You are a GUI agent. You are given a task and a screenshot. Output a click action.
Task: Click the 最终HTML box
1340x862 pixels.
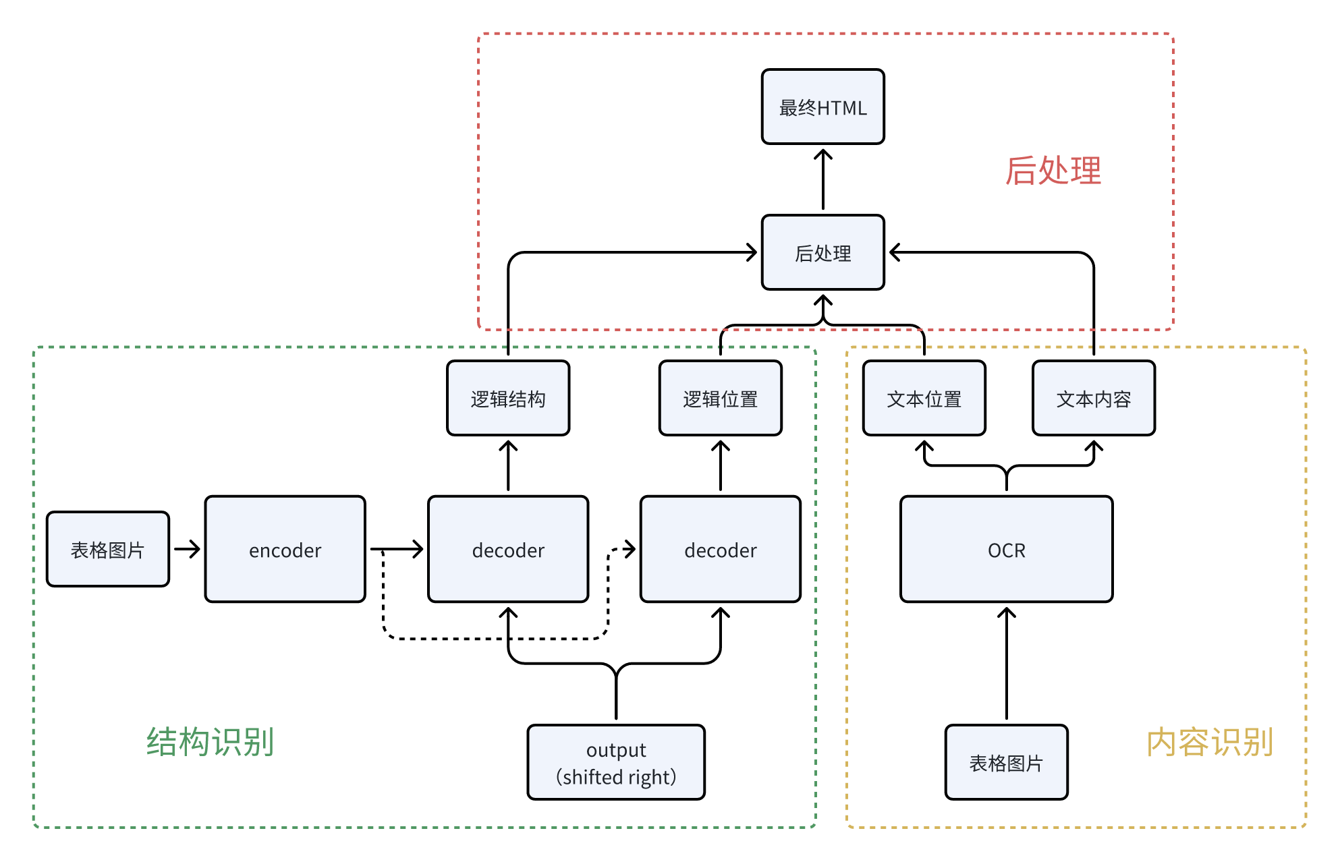click(x=822, y=107)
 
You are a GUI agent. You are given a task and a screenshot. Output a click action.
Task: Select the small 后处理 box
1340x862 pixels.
click(x=822, y=253)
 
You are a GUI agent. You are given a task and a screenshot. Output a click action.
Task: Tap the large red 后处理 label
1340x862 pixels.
click(x=1053, y=171)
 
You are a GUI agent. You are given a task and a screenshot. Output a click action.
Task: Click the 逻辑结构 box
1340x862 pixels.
click(x=508, y=399)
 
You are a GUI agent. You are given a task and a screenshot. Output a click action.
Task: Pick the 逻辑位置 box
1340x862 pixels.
click(x=720, y=399)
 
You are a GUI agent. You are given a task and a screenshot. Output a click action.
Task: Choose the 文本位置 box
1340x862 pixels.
click(x=924, y=399)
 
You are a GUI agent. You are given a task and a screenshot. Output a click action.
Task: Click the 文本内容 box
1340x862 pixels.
click(x=1093, y=399)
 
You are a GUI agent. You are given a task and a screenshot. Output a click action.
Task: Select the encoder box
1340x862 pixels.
click(x=285, y=550)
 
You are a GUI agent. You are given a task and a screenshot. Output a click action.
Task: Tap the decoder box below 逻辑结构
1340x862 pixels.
click(x=508, y=550)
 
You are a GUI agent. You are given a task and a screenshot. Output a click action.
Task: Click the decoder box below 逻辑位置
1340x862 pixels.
click(x=720, y=550)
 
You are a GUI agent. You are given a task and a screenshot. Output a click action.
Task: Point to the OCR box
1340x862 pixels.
click(x=1006, y=550)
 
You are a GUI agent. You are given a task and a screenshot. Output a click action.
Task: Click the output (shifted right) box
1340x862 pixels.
click(x=616, y=763)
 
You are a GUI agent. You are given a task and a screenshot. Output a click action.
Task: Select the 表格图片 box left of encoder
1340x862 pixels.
click(x=108, y=550)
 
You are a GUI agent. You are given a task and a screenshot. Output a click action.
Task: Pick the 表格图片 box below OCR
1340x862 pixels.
click(x=1006, y=763)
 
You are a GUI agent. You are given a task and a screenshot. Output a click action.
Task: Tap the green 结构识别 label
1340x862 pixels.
click(x=210, y=742)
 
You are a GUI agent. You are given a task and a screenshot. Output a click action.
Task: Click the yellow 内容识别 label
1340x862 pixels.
click(x=1209, y=742)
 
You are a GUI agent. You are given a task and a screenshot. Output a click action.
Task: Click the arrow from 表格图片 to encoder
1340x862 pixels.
click(x=187, y=549)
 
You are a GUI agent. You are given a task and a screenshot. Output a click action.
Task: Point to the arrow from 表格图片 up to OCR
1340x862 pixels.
click(x=1006, y=664)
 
